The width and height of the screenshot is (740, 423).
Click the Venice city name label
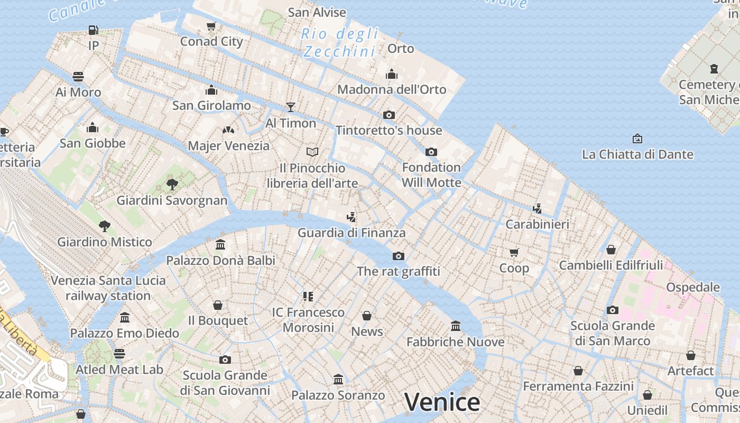pyautogui.click(x=442, y=402)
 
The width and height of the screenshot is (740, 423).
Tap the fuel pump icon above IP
pyautogui.click(x=94, y=30)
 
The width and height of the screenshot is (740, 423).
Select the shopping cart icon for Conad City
pyautogui.click(x=211, y=26)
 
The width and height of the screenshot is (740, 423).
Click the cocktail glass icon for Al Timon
pyautogui.click(x=290, y=107)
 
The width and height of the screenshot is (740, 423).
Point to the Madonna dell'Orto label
pyautogui.click(x=392, y=89)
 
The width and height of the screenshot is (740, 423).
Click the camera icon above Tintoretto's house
pyautogui.click(x=389, y=115)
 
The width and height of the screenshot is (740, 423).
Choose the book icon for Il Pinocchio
pyautogui.click(x=312, y=152)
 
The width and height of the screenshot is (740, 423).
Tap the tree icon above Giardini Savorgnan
pyautogui.click(x=172, y=185)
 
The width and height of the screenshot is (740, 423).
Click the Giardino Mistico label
pyautogui.click(x=105, y=242)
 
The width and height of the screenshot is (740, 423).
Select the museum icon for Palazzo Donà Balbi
pyautogui.click(x=220, y=245)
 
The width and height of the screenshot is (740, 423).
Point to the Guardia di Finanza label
pyautogui.click(x=351, y=233)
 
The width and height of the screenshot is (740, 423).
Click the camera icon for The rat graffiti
pyautogui.click(x=399, y=256)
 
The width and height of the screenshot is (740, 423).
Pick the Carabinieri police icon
pyautogui.click(x=538, y=208)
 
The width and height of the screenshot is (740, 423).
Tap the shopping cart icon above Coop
pyautogui.click(x=514, y=252)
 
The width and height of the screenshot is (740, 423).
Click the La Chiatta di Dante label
pyautogui.click(x=637, y=154)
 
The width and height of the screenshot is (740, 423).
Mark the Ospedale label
pyautogui.click(x=693, y=287)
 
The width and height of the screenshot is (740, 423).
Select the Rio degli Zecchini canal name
pyautogui.click(x=340, y=43)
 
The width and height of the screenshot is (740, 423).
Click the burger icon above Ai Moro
pyautogui.click(x=78, y=77)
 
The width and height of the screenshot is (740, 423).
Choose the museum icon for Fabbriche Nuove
pyautogui.click(x=456, y=326)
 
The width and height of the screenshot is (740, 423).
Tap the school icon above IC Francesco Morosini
pyautogui.click(x=308, y=297)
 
